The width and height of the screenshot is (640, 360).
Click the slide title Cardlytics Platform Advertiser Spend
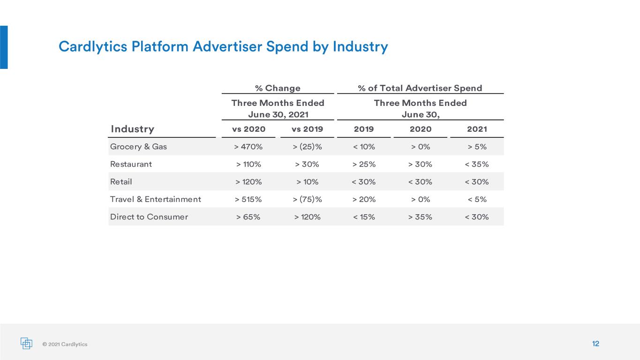point(183,46)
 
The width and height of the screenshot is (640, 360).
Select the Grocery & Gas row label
point(138,147)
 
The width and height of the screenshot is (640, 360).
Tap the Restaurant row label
point(131,164)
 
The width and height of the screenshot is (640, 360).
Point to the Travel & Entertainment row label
point(156,199)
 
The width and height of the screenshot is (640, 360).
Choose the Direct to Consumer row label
point(149,217)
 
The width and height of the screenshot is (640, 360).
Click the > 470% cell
point(248,147)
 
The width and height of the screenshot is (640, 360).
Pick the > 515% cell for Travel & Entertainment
point(248,199)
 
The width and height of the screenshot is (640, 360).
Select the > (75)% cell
point(307,199)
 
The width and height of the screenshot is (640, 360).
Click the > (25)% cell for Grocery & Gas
point(307,147)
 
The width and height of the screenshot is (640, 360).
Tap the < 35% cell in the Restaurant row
point(476,164)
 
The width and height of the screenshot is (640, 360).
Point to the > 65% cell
point(248,217)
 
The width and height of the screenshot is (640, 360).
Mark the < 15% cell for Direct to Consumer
point(364,217)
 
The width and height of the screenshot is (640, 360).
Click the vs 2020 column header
point(248,129)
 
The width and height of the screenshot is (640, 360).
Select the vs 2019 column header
point(307,129)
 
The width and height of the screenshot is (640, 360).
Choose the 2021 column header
point(477,129)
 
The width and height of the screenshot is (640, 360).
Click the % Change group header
point(278,88)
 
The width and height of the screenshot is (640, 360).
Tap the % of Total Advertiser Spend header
point(420,88)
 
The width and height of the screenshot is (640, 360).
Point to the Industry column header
point(132,129)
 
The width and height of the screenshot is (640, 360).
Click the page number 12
point(595,344)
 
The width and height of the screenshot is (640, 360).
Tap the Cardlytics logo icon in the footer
point(26,343)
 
